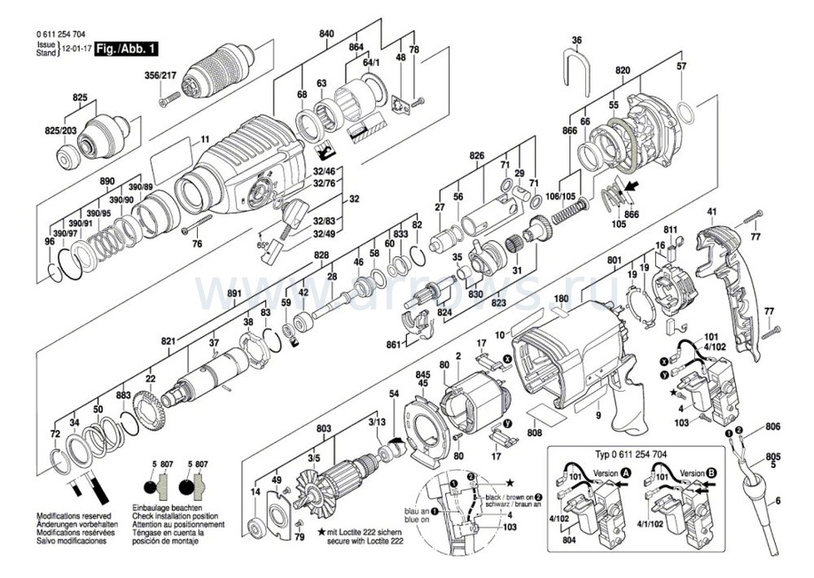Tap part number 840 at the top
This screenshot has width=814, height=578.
pyautogui.click(x=326, y=34)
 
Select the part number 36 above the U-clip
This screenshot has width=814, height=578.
pyautogui.click(x=576, y=41)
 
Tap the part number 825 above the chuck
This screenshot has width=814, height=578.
pyautogui.click(x=80, y=97)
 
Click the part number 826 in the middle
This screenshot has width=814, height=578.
pyautogui.click(x=477, y=156)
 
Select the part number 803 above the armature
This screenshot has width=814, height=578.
pyautogui.click(x=324, y=429)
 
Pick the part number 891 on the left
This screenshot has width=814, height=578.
pyautogui.click(x=234, y=293)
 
